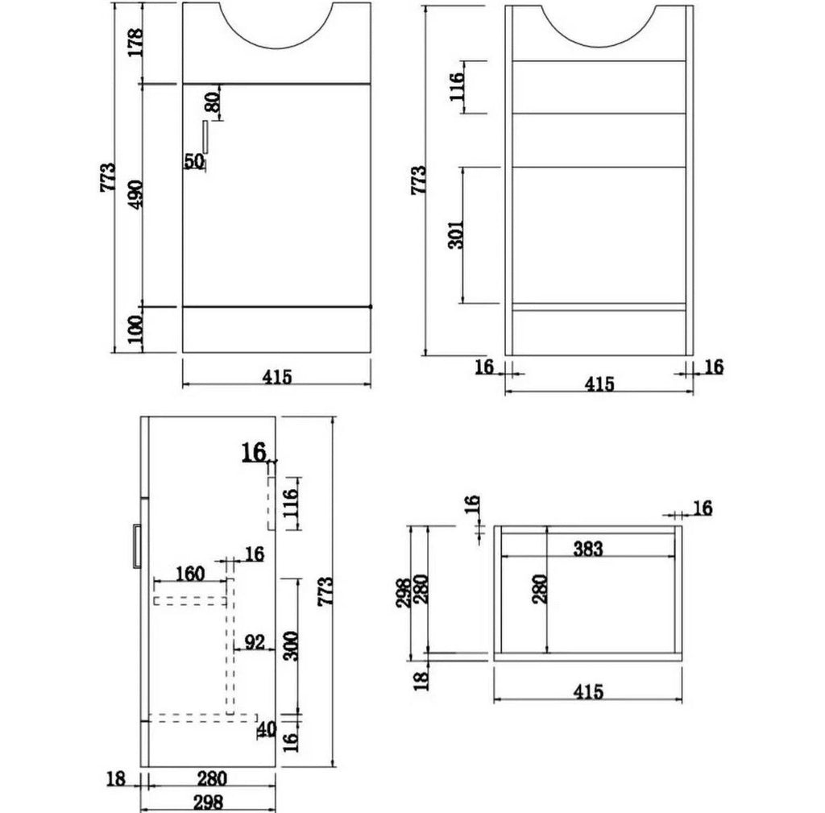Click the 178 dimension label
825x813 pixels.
click(135, 44)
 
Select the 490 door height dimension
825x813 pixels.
click(135, 194)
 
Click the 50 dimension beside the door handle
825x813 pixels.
click(193, 161)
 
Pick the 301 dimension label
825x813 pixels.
click(456, 234)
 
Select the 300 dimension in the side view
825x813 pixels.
click(290, 646)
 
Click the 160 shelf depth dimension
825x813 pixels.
click(189, 574)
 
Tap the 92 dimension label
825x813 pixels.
click(255, 642)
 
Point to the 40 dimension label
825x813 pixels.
click(267, 729)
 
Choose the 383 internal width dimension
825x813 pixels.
click(587, 550)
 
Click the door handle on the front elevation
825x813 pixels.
click(205, 137)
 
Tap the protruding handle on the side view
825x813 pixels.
click(136, 545)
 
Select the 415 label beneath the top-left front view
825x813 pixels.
click(277, 377)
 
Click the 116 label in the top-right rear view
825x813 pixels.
click(456, 87)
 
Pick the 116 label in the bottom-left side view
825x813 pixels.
click(290, 503)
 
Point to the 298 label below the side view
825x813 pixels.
click(209, 803)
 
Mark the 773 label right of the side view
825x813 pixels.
click(325, 591)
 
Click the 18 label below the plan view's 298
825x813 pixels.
click(421, 678)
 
